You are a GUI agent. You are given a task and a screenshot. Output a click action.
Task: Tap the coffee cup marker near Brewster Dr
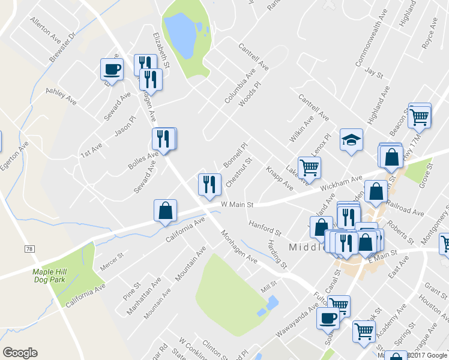click(x=112, y=70)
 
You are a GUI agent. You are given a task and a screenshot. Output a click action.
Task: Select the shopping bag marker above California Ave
click(x=165, y=211)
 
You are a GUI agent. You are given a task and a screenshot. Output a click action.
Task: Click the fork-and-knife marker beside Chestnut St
click(x=209, y=185)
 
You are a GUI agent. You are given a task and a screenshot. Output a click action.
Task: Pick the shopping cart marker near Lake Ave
click(x=309, y=168)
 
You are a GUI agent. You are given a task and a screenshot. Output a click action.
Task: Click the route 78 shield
click(x=29, y=248)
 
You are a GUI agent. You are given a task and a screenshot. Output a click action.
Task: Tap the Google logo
click(x=20, y=353)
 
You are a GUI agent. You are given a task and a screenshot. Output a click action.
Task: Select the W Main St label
click(x=238, y=205)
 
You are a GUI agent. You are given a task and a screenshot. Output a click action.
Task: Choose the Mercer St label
click(x=112, y=262)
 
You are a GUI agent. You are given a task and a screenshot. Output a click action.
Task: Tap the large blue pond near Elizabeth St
click(x=180, y=33)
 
